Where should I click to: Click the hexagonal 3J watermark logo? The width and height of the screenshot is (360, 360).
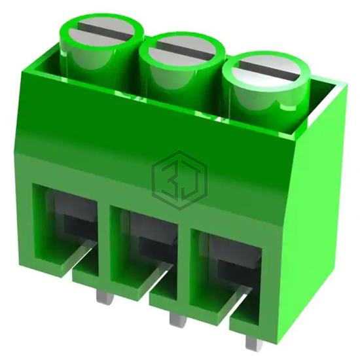pyautogui.click(x=179, y=180)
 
